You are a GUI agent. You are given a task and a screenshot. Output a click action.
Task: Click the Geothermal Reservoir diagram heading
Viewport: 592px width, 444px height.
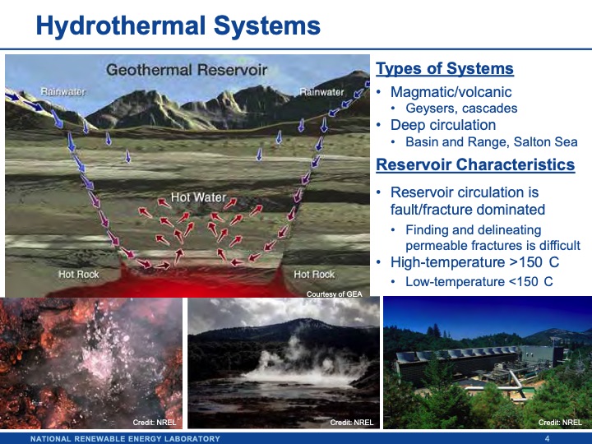pos(187,70)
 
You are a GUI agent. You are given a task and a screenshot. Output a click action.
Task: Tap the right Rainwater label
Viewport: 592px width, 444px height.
pos(321,92)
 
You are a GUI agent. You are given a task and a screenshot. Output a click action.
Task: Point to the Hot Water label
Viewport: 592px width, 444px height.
pos(198,198)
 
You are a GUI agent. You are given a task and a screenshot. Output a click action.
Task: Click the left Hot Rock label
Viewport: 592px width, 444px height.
pos(79,274)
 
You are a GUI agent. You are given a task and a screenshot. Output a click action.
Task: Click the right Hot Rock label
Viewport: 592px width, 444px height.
pos(314,274)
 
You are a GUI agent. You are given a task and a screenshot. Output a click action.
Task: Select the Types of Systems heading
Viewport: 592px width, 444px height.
pos(444,69)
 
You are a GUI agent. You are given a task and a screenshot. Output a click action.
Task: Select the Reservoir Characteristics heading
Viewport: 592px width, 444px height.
pos(474,164)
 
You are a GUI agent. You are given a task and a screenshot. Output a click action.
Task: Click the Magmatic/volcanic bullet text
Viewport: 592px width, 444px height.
pos(451,92)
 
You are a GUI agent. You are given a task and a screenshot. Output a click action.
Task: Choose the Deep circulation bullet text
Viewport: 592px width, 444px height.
pos(443,125)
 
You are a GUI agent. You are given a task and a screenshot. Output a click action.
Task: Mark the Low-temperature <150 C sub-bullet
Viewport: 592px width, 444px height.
pos(479,280)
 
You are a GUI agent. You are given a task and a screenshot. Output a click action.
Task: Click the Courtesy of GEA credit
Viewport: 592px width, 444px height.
pos(334,294)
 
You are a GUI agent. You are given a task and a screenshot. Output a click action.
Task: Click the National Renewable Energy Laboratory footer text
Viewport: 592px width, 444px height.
pos(125,438)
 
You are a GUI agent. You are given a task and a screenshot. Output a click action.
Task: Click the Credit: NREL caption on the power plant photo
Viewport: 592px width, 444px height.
pos(560,422)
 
